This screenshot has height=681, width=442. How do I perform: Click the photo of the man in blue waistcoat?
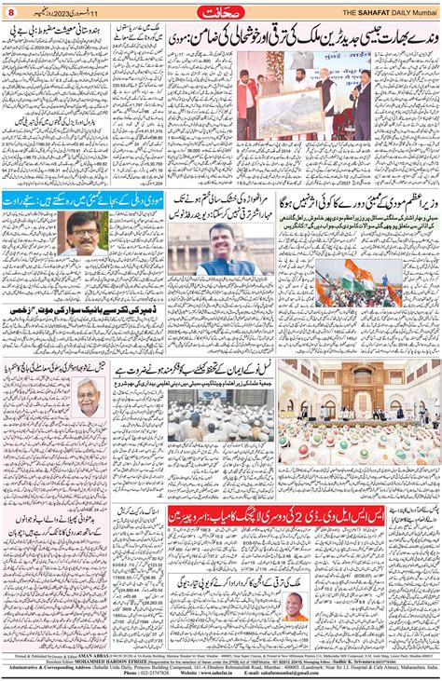220,250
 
